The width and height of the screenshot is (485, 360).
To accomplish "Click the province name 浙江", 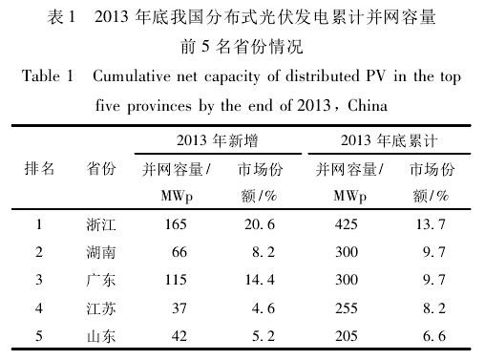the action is pyautogui.click(x=101, y=224).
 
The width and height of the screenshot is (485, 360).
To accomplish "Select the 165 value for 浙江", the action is pyautogui.click(x=176, y=224).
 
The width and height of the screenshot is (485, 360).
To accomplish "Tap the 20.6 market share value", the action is pyautogui.click(x=260, y=224).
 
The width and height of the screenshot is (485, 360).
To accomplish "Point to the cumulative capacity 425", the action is pyautogui.click(x=347, y=224).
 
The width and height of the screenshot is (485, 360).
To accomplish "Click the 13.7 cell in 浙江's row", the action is pyautogui.click(x=431, y=224).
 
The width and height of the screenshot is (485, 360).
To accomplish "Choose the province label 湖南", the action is pyautogui.click(x=101, y=252).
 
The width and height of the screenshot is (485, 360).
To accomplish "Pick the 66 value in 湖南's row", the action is pyautogui.click(x=179, y=252).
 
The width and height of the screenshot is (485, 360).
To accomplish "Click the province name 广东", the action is pyautogui.click(x=101, y=280).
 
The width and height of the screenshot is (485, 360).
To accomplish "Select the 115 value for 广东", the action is pyautogui.click(x=176, y=280).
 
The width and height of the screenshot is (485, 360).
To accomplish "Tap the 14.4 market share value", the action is pyautogui.click(x=260, y=280).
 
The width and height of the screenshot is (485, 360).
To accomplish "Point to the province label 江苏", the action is pyautogui.click(x=101, y=308).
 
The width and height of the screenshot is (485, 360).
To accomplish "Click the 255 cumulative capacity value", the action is pyautogui.click(x=347, y=308).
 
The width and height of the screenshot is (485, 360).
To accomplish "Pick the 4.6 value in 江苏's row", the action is pyautogui.click(x=264, y=308).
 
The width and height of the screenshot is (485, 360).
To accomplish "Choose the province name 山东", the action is pyautogui.click(x=101, y=336).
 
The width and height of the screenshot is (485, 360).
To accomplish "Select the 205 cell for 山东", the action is pyautogui.click(x=347, y=336).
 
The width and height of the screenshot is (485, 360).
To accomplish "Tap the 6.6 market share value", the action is pyautogui.click(x=434, y=336).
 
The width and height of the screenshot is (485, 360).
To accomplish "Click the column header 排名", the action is pyautogui.click(x=39, y=168).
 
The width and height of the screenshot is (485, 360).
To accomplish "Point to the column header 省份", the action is pyautogui.click(x=101, y=168).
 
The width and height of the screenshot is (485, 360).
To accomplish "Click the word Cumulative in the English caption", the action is pyautogui.click(x=132, y=76).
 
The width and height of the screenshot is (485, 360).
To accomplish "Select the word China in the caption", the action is pyautogui.click(x=368, y=105).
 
